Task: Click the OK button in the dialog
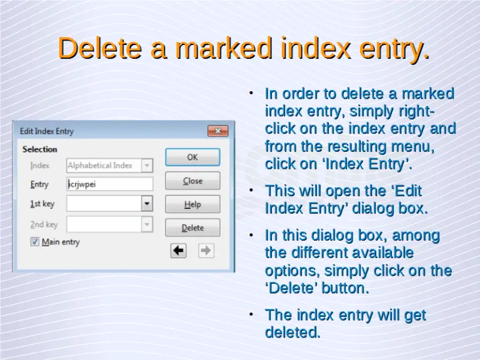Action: [192, 157]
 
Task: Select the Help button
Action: [192, 204]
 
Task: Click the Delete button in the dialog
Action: [192, 228]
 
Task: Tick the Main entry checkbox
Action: [35, 242]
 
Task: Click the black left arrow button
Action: [179, 251]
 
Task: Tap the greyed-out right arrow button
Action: [206, 251]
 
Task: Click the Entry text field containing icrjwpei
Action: [109, 184]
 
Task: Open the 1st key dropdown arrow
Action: [146, 204]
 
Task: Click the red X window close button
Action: [217, 131]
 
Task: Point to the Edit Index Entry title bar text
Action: [47, 131]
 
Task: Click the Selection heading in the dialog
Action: [39, 149]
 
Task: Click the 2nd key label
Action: [44, 224]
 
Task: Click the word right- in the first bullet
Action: [410, 112]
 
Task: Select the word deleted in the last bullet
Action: [292, 332]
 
